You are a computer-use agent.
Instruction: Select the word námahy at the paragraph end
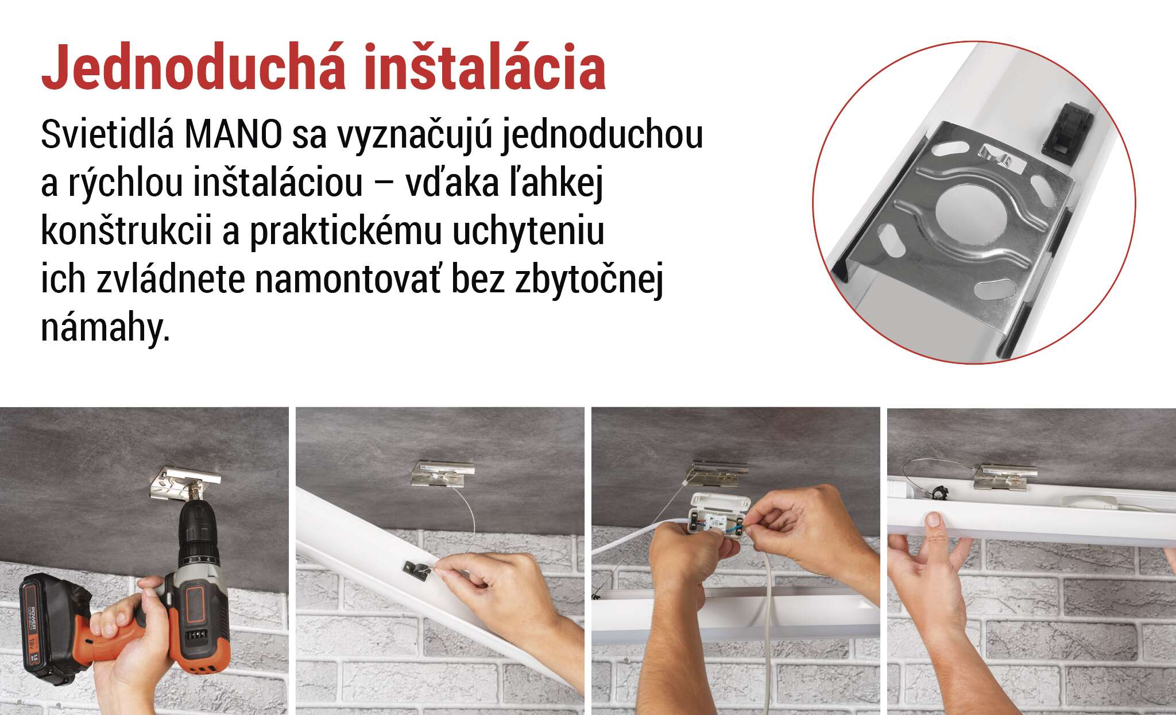point(106,329)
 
